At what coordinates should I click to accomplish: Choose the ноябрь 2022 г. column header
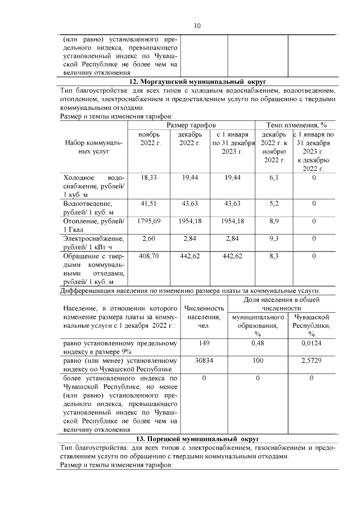pyautogui.click(x=150, y=140)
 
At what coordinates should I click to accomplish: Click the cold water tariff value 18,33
pyautogui.click(x=149, y=178)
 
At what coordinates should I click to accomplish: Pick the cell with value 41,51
pyautogui.click(x=149, y=203)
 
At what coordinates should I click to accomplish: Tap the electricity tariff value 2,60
pyautogui.click(x=149, y=239)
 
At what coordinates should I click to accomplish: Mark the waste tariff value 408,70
pyautogui.click(x=149, y=256)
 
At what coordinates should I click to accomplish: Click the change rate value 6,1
pyautogui.click(x=274, y=178)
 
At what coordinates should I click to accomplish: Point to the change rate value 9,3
pyautogui.click(x=274, y=239)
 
